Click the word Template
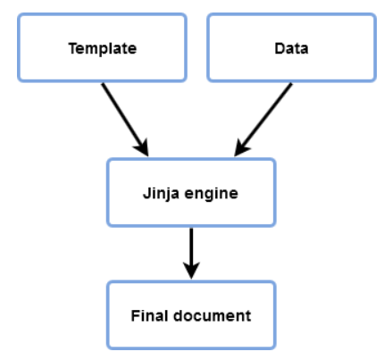(103, 48)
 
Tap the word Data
(292, 48)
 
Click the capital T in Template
(72, 48)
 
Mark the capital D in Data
(279, 48)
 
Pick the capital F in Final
(136, 315)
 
